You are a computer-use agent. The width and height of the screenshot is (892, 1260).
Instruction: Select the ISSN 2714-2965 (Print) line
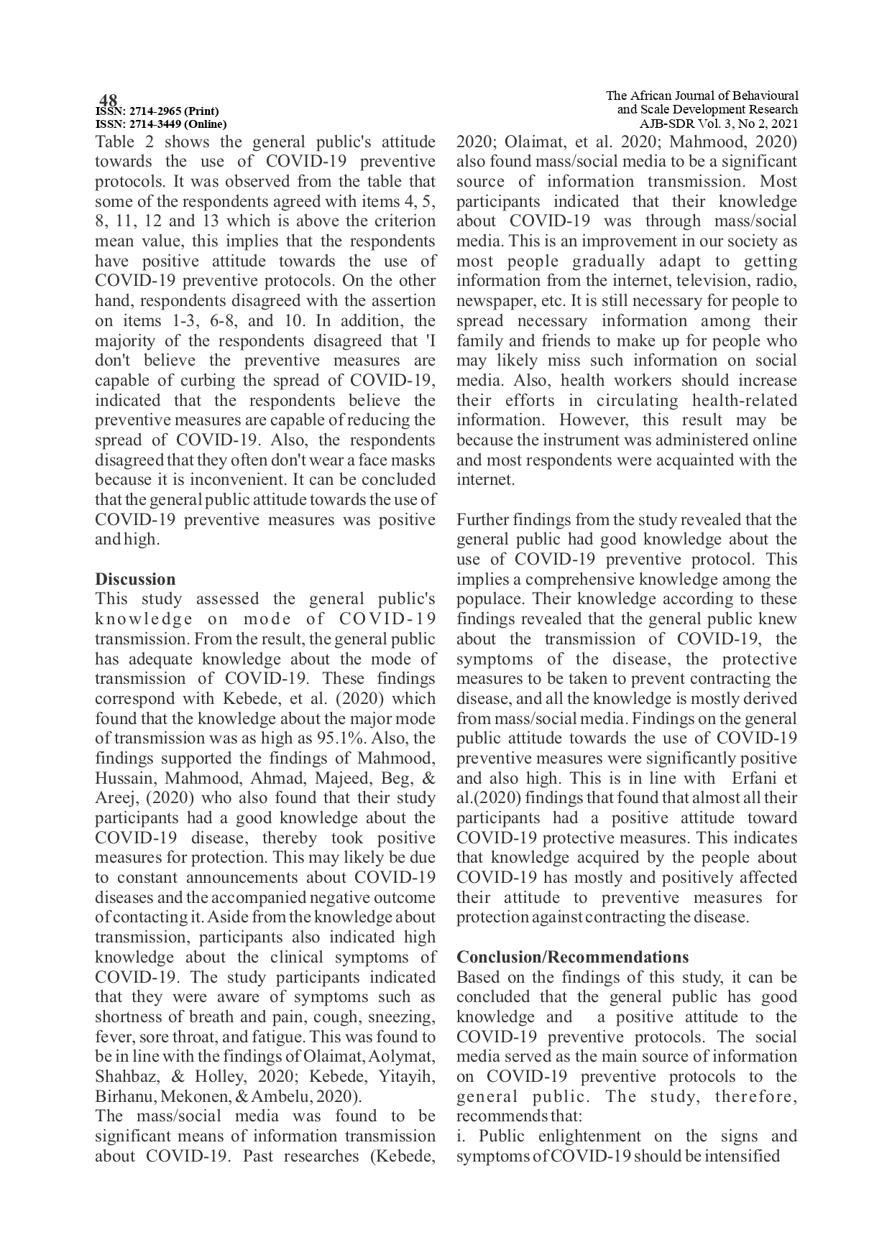click(157, 111)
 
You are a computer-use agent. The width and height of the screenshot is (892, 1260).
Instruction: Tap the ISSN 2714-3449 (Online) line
click(161, 124)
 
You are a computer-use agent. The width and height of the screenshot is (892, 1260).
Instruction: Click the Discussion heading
click(135, 579)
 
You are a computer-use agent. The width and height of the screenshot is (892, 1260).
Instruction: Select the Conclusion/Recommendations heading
click(572, 957)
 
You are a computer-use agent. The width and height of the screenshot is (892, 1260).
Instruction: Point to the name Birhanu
click(125, 1096)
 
